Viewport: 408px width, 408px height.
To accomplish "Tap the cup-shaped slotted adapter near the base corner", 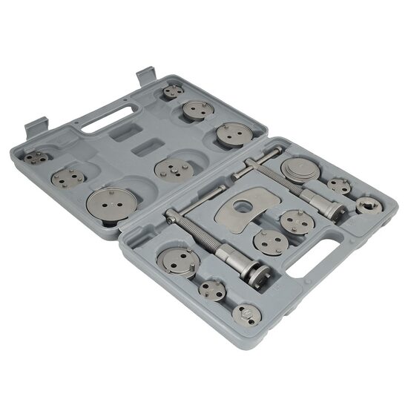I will point(367,205).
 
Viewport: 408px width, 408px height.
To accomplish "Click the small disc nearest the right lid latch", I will point(174,91).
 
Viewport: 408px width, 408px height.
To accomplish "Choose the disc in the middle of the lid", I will point(173,170).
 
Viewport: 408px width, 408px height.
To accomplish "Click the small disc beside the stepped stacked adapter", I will point(340,185).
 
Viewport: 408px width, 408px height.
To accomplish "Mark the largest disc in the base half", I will point(178,260).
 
